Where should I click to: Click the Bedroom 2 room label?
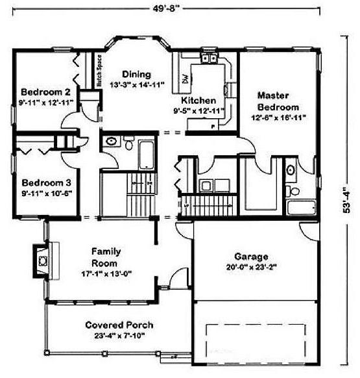coord(41,92)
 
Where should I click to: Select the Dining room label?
coord(136,74)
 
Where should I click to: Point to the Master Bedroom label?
coord(278,101)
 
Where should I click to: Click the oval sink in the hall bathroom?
coord(112,141)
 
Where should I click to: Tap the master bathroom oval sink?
coord(291,170)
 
